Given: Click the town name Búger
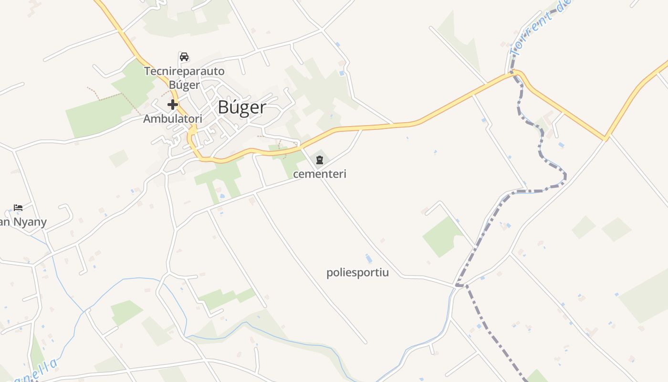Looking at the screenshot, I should click(241, 107).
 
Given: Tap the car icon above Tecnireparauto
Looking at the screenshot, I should click(184, 57).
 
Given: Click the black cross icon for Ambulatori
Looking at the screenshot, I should click(173, 105).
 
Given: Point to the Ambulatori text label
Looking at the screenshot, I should click(173, 119).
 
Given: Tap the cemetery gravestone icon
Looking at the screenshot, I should click(320, 160).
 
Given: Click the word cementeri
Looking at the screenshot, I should click(320, 174).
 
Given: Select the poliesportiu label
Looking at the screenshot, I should click(357, 273).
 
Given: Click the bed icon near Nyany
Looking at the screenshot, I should click(18, 208).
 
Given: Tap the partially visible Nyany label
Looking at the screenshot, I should click(24, 222).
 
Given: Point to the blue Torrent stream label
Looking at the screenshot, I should click(539, 29).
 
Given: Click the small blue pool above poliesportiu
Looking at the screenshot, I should click(368, 259).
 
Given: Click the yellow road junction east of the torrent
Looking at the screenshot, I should click(605, 138).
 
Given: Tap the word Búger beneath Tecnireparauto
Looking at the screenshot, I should click(184, 85).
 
